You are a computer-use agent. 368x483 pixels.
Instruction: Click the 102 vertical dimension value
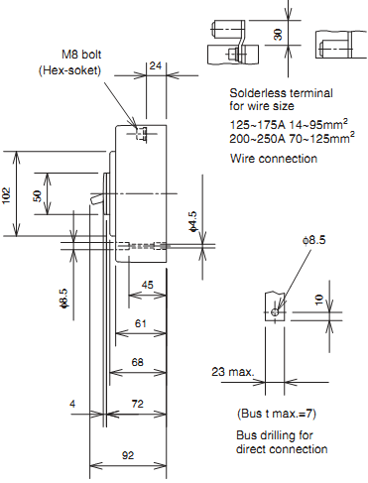click(7, 195)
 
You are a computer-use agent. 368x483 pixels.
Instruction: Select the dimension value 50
click(38, 195)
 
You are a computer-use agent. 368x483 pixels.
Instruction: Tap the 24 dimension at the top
click(156, 65)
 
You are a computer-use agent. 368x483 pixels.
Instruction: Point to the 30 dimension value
click(279, 35)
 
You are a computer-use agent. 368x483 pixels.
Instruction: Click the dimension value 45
click(148, 285)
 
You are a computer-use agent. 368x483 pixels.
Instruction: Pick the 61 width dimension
click(141, 323)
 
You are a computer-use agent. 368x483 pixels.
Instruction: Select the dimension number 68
click(138, 362)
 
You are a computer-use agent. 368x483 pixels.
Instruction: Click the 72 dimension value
click(138, 404)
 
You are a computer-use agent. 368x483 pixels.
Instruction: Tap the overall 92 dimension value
click(128, 455)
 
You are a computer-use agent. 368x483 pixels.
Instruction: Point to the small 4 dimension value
click(72, 404)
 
